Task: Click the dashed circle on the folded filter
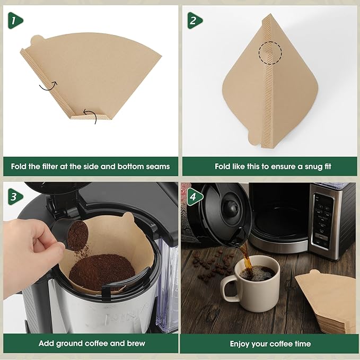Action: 270,53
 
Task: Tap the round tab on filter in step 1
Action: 37,41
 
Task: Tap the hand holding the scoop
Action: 27,254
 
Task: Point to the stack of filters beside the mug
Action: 326,302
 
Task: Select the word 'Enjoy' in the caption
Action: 241,344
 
